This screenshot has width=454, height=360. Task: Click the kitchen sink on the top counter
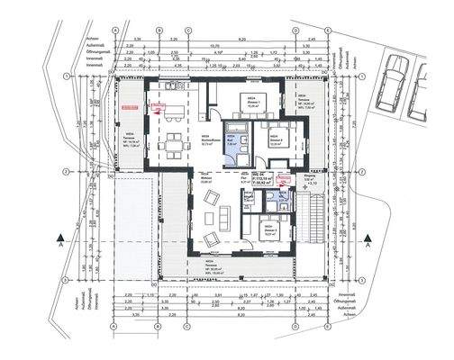tap(177, 85)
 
